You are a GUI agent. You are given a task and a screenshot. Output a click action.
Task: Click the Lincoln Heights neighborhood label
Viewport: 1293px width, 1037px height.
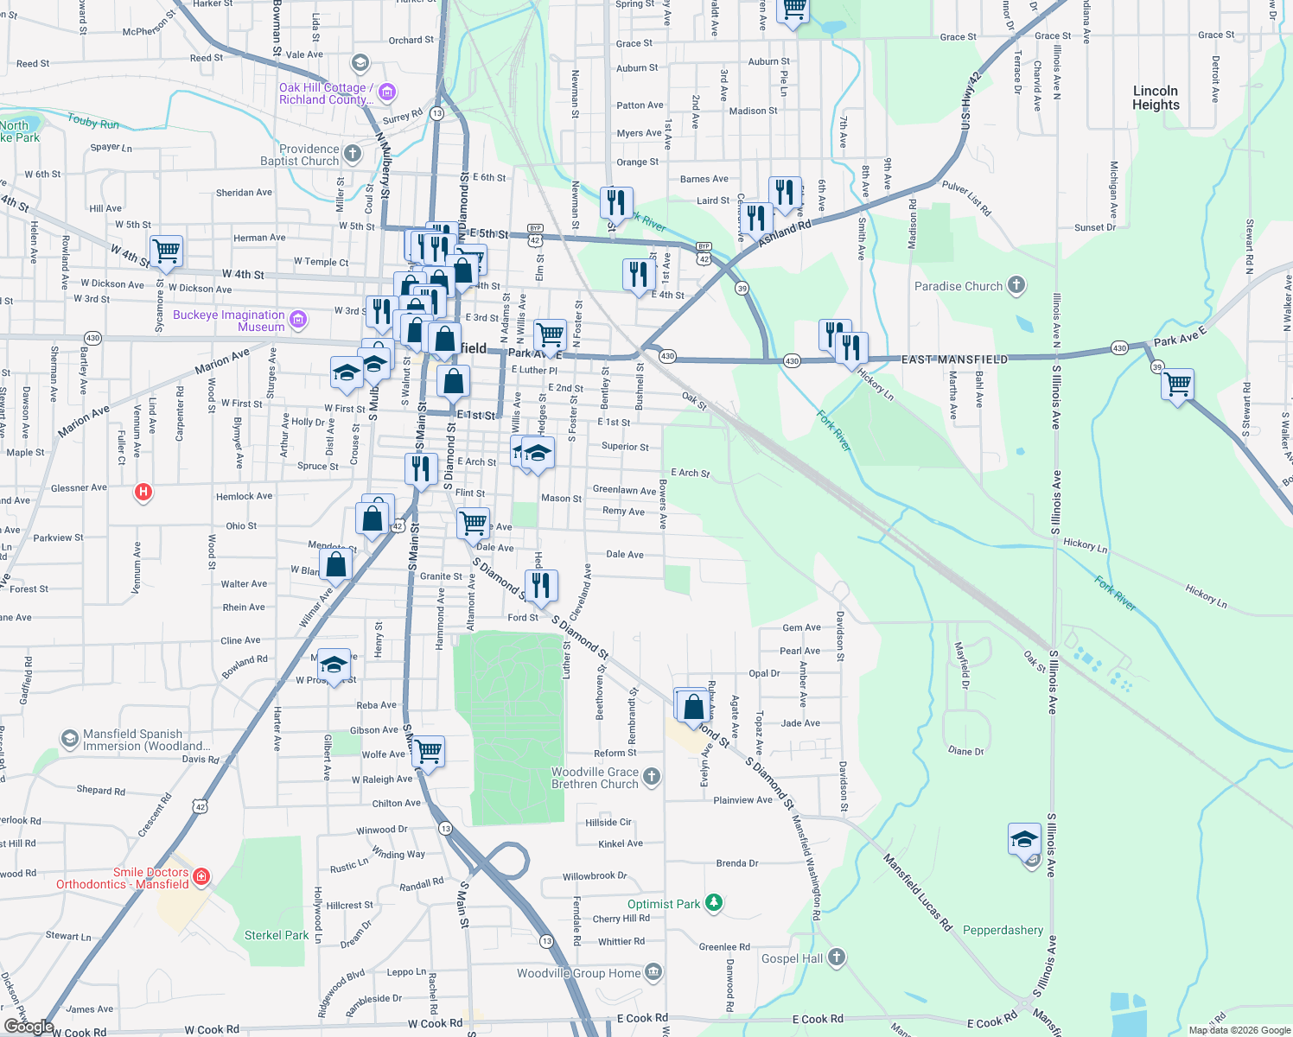[x=1156, y=98]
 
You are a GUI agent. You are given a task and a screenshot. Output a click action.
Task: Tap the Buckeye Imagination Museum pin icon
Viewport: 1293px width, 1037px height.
[x=298, y=320]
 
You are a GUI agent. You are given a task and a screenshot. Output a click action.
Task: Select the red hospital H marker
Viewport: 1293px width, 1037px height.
[x=143, y=493]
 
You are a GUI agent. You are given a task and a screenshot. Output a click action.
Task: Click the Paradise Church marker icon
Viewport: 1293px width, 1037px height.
[x=1016, y=285]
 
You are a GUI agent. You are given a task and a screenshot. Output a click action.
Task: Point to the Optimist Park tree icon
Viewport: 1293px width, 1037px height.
[x=713, y=903]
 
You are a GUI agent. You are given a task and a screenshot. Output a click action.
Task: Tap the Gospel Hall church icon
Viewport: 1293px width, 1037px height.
[x=836, y=957]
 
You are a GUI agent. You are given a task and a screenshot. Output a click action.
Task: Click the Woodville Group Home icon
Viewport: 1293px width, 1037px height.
[x=653, y=973]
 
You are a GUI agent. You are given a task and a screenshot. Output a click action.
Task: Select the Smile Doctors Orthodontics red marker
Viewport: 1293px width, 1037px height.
[x=201, y=877]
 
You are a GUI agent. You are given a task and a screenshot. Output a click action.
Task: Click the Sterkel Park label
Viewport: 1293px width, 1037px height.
[x=277, y=935]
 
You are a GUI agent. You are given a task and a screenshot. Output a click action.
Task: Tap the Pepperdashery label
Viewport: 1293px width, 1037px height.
[x=1003, y=930]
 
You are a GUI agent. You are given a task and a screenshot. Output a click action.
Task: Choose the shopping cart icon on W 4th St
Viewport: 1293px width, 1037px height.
[x=166, y=251]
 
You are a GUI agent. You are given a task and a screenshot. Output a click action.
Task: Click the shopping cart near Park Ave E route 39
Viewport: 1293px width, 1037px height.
[x=1178, y=384]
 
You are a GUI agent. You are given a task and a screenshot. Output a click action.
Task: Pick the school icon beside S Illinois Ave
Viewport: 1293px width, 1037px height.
[x=1024, y=839]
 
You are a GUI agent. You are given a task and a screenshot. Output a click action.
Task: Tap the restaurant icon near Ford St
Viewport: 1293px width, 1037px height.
[x=541, y=585]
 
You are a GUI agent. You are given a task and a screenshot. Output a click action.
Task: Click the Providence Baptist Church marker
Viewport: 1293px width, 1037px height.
[x=352, y=154]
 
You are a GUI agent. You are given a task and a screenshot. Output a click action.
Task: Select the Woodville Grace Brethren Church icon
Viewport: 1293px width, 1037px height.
[x=652, y=777]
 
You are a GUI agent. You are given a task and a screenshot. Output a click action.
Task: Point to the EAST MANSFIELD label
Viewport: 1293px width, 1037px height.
[x=954, y=359]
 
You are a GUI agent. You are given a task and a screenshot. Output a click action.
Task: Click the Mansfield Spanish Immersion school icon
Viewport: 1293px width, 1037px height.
[x=69, y=739]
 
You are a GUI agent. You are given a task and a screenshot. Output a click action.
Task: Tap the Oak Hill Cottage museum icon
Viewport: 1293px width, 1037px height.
[x=386, y=92]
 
